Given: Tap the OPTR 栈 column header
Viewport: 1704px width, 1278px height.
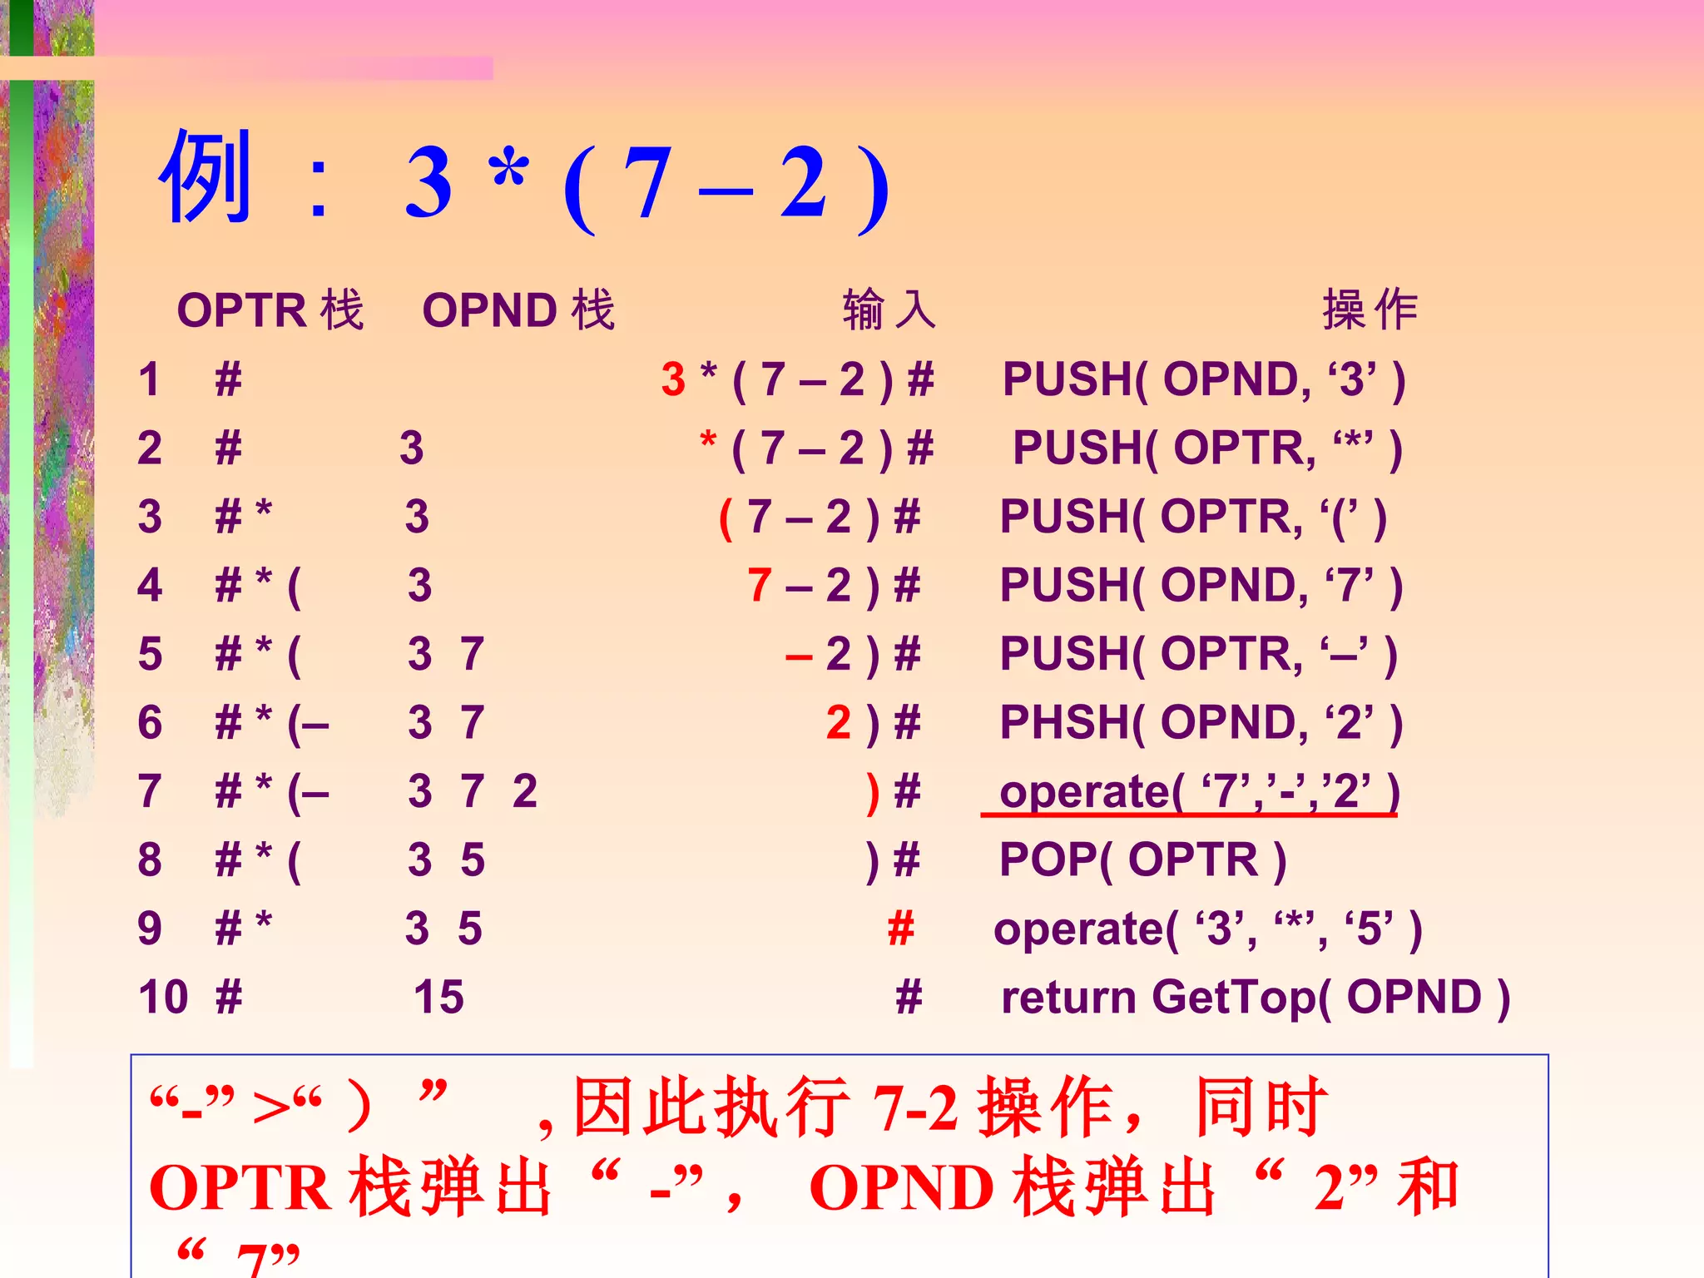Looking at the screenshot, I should [x=270, y=310].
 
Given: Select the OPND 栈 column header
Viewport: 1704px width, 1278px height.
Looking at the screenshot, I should [x=518, y=310].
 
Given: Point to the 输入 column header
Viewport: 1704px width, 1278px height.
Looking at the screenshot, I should [x=889, y=310].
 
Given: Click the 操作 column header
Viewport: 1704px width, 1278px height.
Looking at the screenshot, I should [x=1370, y=310].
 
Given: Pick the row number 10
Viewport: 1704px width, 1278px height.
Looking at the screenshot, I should [x=163, y=997].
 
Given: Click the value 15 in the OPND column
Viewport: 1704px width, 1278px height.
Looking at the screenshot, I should [x=438, y=997].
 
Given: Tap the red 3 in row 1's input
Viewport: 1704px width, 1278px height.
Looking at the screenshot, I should [x=673, y=379].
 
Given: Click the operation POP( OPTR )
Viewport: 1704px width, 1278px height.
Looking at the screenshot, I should [x=1142, y=859].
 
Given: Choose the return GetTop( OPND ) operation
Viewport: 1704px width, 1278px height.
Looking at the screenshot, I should [x=1255, y=997].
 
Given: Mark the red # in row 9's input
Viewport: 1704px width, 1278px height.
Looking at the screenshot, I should [x=900, y=928].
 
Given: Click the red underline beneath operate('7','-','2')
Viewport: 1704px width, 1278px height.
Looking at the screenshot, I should [x=1188, y=815].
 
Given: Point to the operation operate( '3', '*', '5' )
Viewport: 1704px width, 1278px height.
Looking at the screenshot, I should [x=1207, y=929].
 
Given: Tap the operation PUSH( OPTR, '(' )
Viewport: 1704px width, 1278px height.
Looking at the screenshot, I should [x=1193, y=517].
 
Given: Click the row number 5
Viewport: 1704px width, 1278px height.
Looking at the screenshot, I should [x=150, y=654].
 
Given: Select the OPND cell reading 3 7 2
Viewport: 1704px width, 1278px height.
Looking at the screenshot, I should [x=472, y=791].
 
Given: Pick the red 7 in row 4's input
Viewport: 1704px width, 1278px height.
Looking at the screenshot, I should [x=759, y=585].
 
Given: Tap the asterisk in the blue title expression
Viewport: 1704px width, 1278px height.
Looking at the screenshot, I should [x=508, y=171].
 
